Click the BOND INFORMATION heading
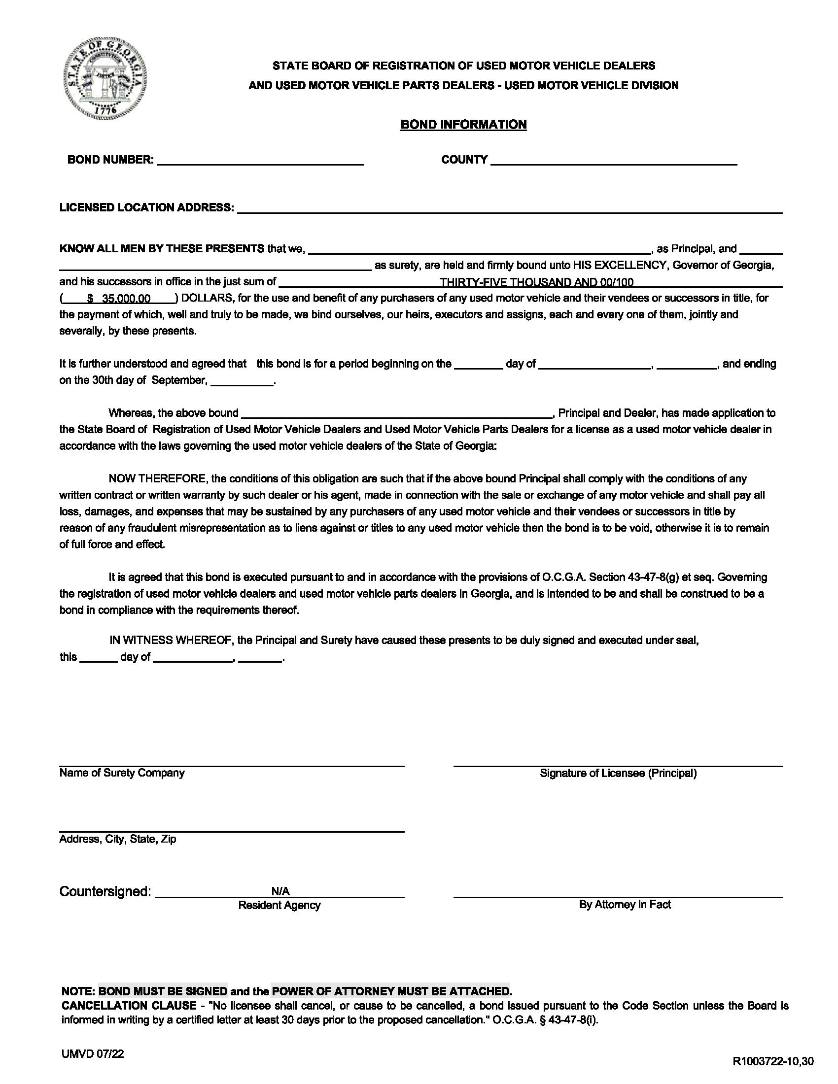click(463, 124)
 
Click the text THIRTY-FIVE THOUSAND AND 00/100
click(536, 282)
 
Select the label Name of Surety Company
click(122, 773)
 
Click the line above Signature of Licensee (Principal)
click(618, 766)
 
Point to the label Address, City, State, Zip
click(118, 839)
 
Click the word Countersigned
click(105, 891)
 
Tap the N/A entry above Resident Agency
click(280, 891)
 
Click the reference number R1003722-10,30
click(772, 1062)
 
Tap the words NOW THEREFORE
click(158, 479)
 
